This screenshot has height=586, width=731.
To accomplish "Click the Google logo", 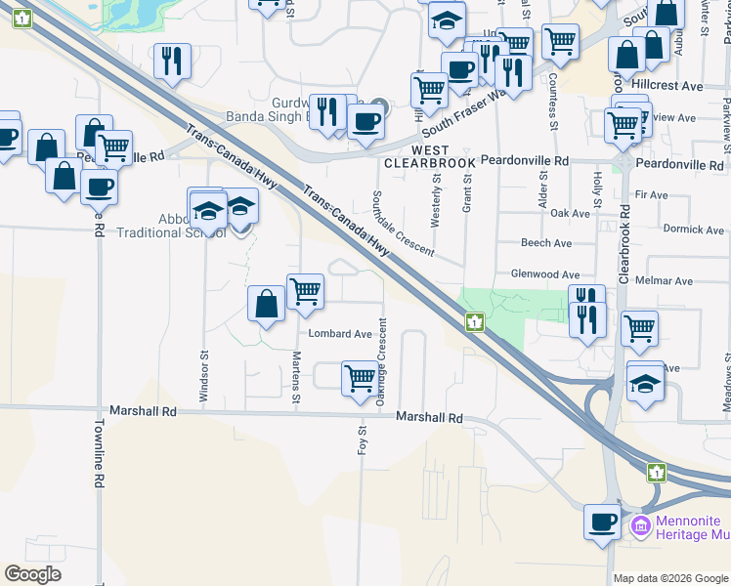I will pos(32,574).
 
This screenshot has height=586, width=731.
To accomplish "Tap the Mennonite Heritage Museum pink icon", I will pos(641,525).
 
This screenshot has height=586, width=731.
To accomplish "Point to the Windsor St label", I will pos(204,377).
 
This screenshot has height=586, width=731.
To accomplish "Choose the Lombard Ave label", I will pos(340,333).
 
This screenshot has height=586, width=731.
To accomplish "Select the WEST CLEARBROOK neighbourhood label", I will pos(430,155).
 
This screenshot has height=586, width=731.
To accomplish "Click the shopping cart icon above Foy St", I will pos(360,376).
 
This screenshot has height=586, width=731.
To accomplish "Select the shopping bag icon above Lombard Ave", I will pos(266,303).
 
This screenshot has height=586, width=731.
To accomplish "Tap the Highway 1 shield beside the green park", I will pos(474,321).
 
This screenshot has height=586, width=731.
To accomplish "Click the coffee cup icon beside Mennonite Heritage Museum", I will pos(602,522).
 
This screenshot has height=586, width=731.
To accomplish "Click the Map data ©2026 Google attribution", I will pos(670,578).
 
